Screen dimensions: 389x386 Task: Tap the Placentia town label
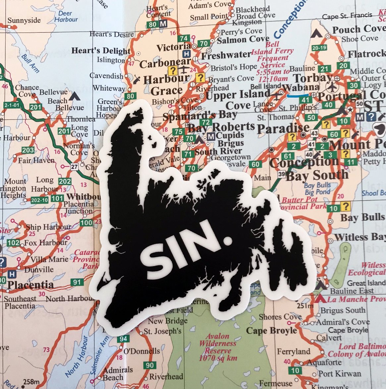[30, 285]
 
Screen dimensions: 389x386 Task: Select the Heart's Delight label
[101, 51]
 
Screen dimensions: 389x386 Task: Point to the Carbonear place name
[165, 63]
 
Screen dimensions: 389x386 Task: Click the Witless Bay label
[360, 237]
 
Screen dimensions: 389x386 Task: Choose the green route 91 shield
[77, 282]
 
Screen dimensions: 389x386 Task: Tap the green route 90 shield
[150, 365]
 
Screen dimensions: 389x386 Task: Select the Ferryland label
[294, 352]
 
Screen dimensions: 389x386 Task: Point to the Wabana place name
[301, 87]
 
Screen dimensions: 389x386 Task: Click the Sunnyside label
[24, 21]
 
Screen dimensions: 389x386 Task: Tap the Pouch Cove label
[359, 29]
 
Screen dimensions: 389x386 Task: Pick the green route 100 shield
[86, 222]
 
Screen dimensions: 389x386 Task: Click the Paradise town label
[283, 128]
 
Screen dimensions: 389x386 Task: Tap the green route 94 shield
[123, 339]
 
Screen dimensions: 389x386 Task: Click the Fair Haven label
[36, 161]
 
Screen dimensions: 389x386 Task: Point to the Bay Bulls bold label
[362, 218]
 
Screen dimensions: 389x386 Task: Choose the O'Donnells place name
[141, 351]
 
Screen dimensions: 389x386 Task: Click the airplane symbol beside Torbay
[331, 87]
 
